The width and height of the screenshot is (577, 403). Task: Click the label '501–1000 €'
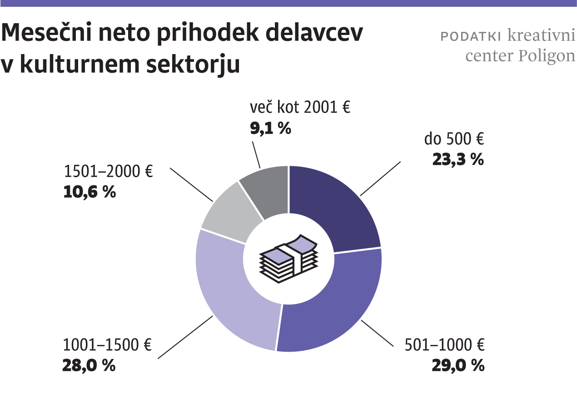pyautogui.click(x=444, y=345)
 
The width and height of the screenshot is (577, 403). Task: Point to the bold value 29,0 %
pyautogui.click(x=458, y=366)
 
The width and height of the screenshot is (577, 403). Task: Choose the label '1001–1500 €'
pyautogui.click(x=107, y=345)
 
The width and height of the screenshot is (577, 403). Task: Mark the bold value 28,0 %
pyautogui.click(x=89, y=366)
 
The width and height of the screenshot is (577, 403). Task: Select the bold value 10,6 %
pyautogui.click(x=89, y=192)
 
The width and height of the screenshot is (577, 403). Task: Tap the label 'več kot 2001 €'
pyautogui.click(x=300, y=108)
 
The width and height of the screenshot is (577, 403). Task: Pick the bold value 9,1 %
pyautogui.click(x=270, y=129)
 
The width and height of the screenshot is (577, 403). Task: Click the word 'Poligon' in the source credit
pyautogui.click(x=546, y=56)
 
